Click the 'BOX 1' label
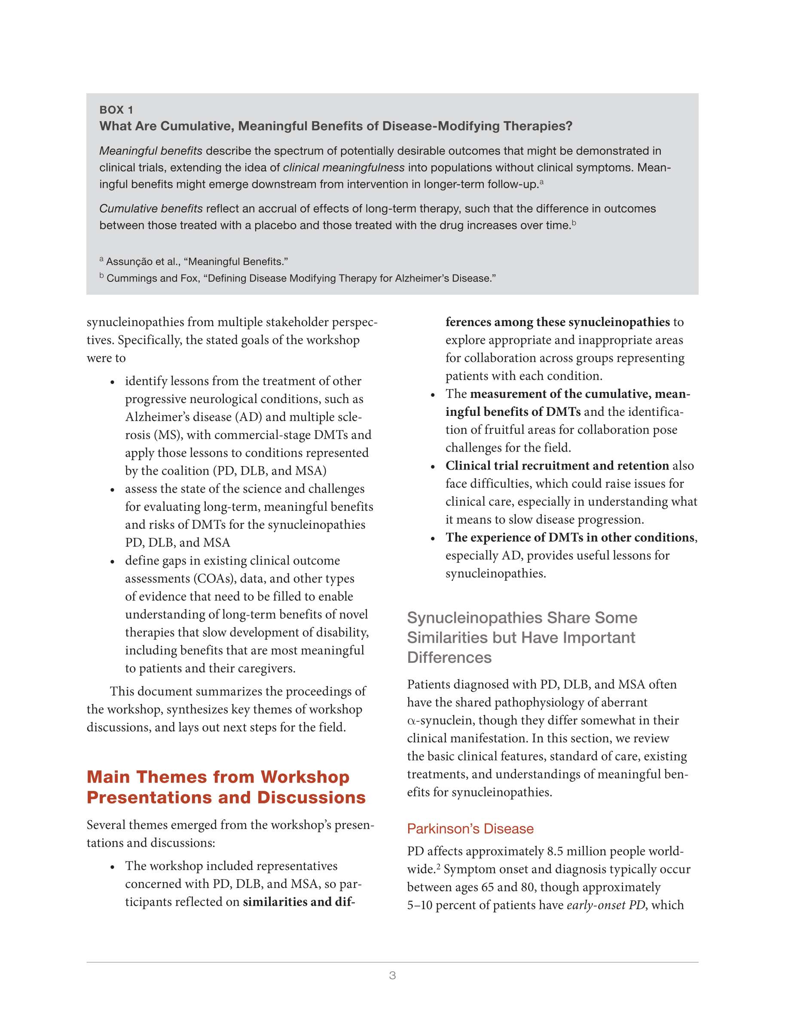pyautogui.click(x=116, y=110)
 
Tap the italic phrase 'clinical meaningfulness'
pyautogui.click(x=343, y=168)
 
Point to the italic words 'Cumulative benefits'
pyautogui.click(x=151, y=208)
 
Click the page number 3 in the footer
pyautogui.click(x=392, y=975)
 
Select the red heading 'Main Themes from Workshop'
pyautogui.click(x=218, y=777)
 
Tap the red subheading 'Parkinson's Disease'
pyautogui.click(x=470, y=829)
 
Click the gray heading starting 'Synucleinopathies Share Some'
pyautogui.click(x=522, y=618)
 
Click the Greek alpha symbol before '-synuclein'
pyautogui.click(x=411, y=721)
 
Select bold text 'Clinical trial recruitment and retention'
pyautogui.click(x=557, y=466)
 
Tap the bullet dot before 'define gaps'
pyautogui.click(x=112, y=561)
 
